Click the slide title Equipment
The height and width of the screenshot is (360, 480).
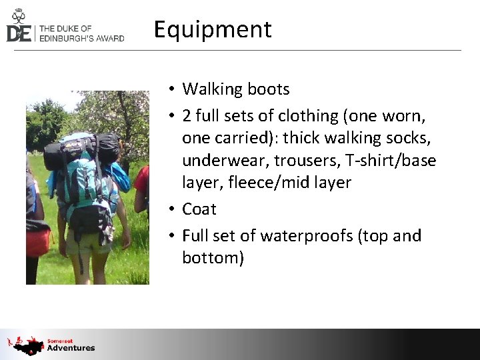[213, 30]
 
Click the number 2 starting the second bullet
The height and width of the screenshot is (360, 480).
[187, 116]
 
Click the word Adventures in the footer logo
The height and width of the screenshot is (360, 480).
[71, 348]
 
